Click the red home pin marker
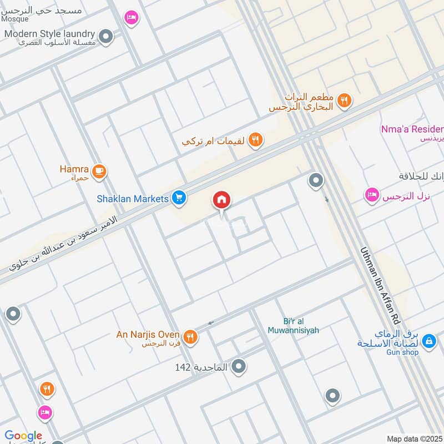tap(221, 200)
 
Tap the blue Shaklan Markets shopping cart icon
tap(179, 198)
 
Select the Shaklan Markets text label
tap(132, 198)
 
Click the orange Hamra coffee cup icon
tap(99, 171)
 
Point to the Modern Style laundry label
tap(49, 34)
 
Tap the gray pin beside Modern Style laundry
tap(107, 37)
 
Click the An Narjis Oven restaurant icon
tap(190, 336)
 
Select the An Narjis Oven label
tap(148, 335)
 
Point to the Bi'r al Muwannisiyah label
tap(301, 326)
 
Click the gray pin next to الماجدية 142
tap(239, 366)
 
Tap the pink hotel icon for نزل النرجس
tap(371, 195)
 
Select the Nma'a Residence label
tap(412, 129)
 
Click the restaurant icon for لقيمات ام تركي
tap(255, 140)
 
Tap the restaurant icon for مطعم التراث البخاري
tap(345, 100)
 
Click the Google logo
tap(23, 436)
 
